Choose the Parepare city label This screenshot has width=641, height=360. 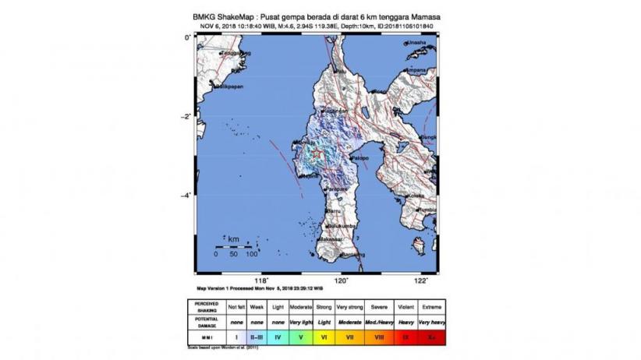pyautogui.click(x=337, y=189)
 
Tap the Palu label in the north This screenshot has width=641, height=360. pyautogui.click(x=341, y=71)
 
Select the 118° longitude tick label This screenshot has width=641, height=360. pyautogui.click(x=262, y=280)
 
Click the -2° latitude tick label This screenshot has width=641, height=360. pyautogui.click(x=186, y=117)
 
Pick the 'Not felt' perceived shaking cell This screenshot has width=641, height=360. pyautogui.click(x=236, y=307)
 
